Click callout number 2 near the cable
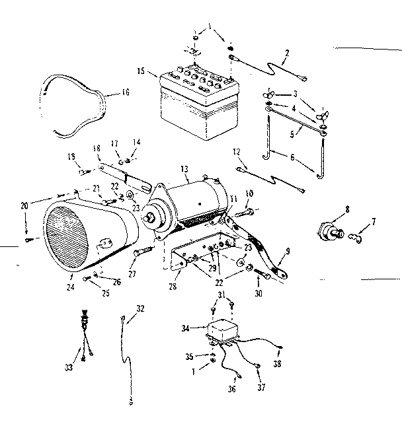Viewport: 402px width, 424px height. [x=287, y=53]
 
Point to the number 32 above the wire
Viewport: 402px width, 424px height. [x=140, y=308]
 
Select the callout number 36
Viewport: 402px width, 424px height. [x=232, y=389]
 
